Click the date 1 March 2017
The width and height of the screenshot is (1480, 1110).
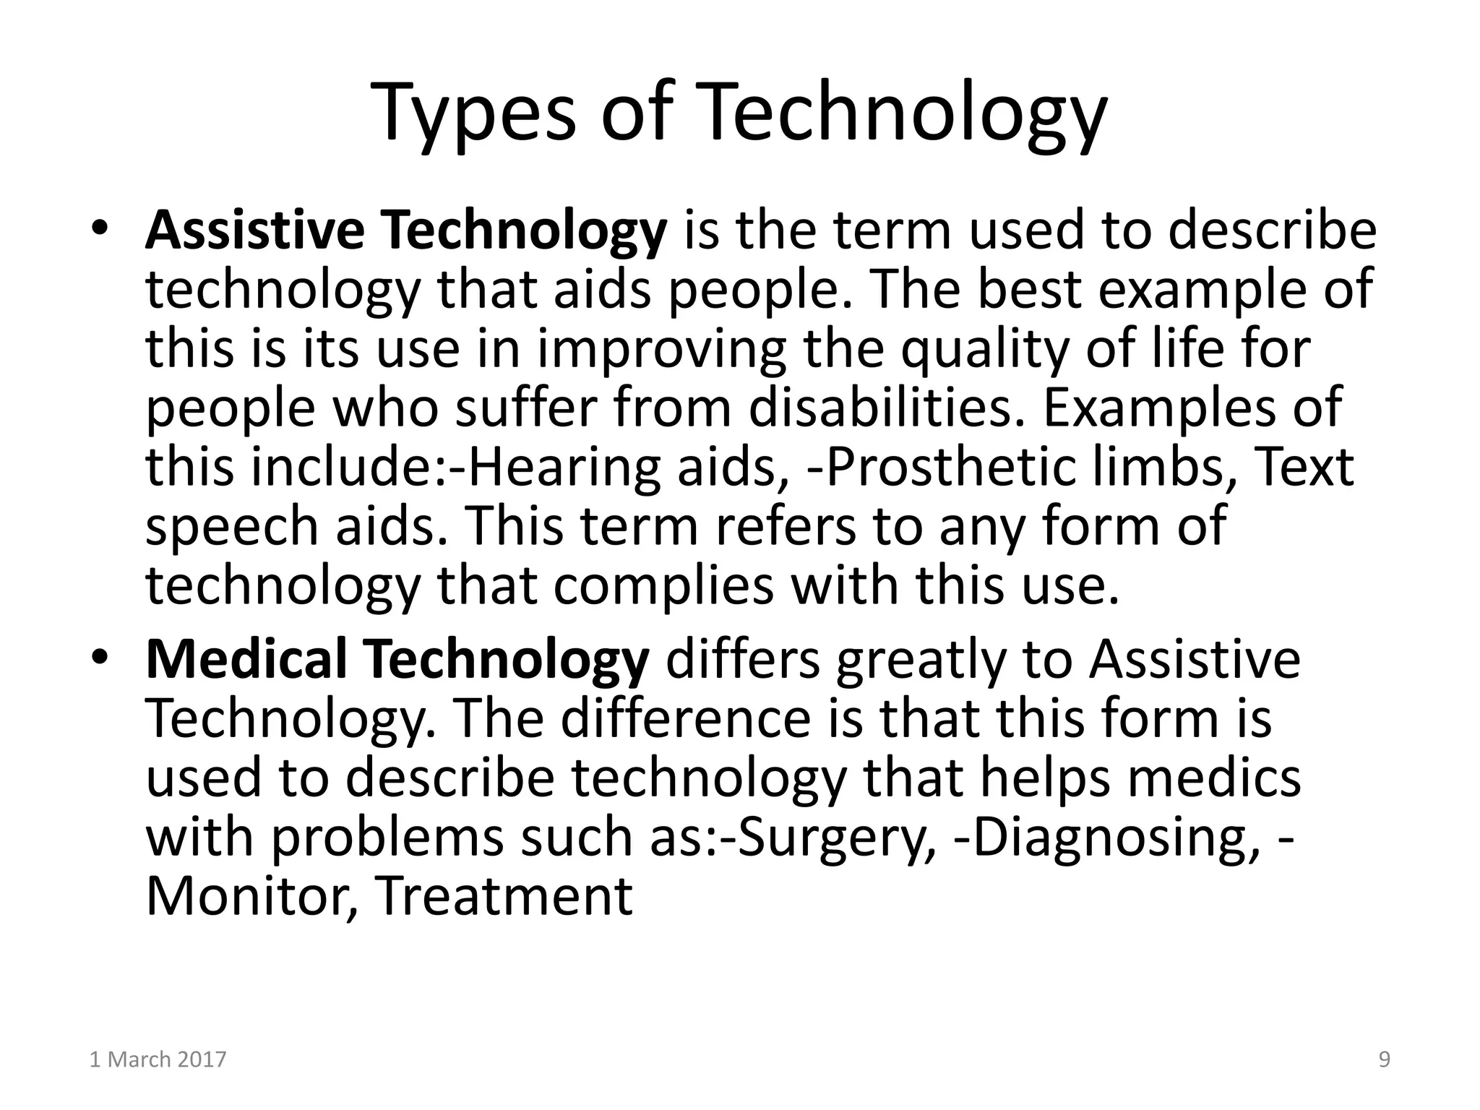pos(158,1059)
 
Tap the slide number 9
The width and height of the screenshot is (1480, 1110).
pos(1384,1059)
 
